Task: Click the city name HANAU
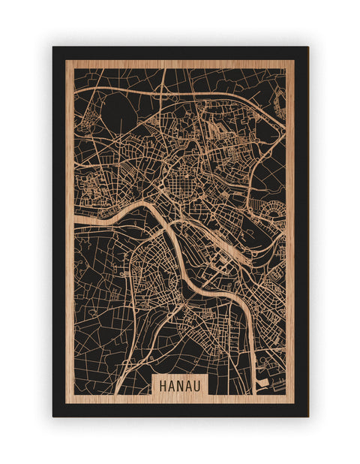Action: coord(180,384)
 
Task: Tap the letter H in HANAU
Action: coord(162,384)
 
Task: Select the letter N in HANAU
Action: coord(180,384)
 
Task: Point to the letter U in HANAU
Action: coord(199,384)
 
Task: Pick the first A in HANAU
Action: coord(171,384)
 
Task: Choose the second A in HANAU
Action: coord(190,384)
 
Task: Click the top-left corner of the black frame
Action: coord(53,47)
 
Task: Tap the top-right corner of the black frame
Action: coord(307,47)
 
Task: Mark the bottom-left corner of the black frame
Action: coord(53,416)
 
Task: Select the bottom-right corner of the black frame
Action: coord(307,416)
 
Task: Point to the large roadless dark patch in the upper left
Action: coord(112,113)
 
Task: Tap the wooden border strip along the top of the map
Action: coord(180,65)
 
